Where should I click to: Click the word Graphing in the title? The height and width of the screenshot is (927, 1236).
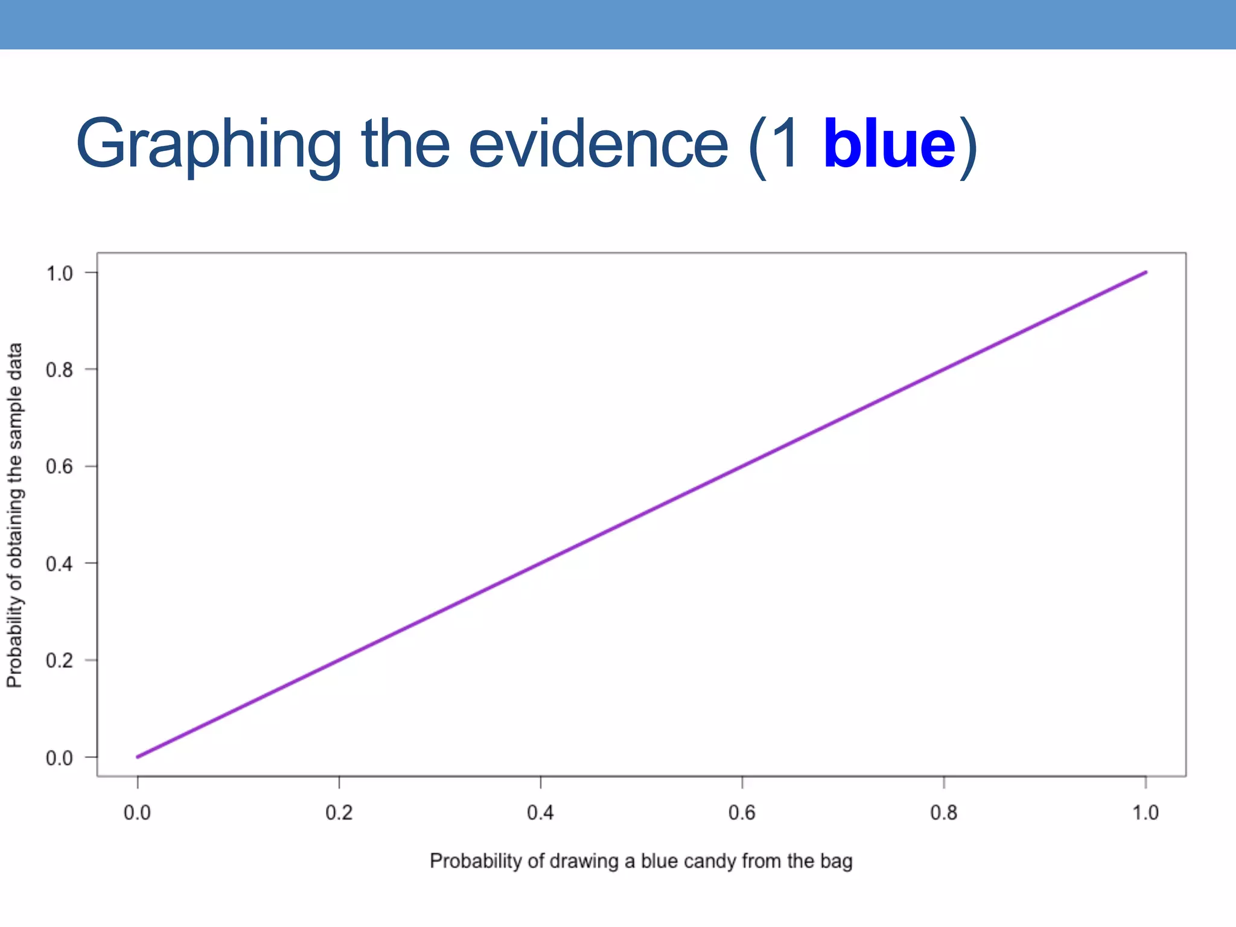[208, 145]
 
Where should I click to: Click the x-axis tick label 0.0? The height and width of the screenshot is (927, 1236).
[137, 813]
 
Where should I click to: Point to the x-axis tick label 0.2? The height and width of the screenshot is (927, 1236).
[339, 813]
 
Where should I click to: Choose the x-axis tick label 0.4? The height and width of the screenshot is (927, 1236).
[540, 813]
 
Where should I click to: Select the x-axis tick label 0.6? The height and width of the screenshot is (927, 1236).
[742, 813]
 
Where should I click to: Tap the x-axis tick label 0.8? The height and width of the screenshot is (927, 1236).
[943, 813]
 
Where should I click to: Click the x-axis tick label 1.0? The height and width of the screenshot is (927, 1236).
[1145, 813]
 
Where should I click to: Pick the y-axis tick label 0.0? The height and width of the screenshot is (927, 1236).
[59, 758]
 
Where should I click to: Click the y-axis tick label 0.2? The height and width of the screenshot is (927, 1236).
[59, 661]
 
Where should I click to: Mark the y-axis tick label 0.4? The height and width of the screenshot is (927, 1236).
[59, 564]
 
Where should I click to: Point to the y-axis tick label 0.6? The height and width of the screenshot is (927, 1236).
[59, 467]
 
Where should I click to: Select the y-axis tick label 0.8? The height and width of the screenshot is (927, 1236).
[59, 369]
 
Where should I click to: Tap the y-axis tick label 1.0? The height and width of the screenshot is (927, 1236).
[59, 273]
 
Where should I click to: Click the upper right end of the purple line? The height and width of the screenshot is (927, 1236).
[1145, 273]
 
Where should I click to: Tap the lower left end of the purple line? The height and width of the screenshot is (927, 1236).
[138, 757]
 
